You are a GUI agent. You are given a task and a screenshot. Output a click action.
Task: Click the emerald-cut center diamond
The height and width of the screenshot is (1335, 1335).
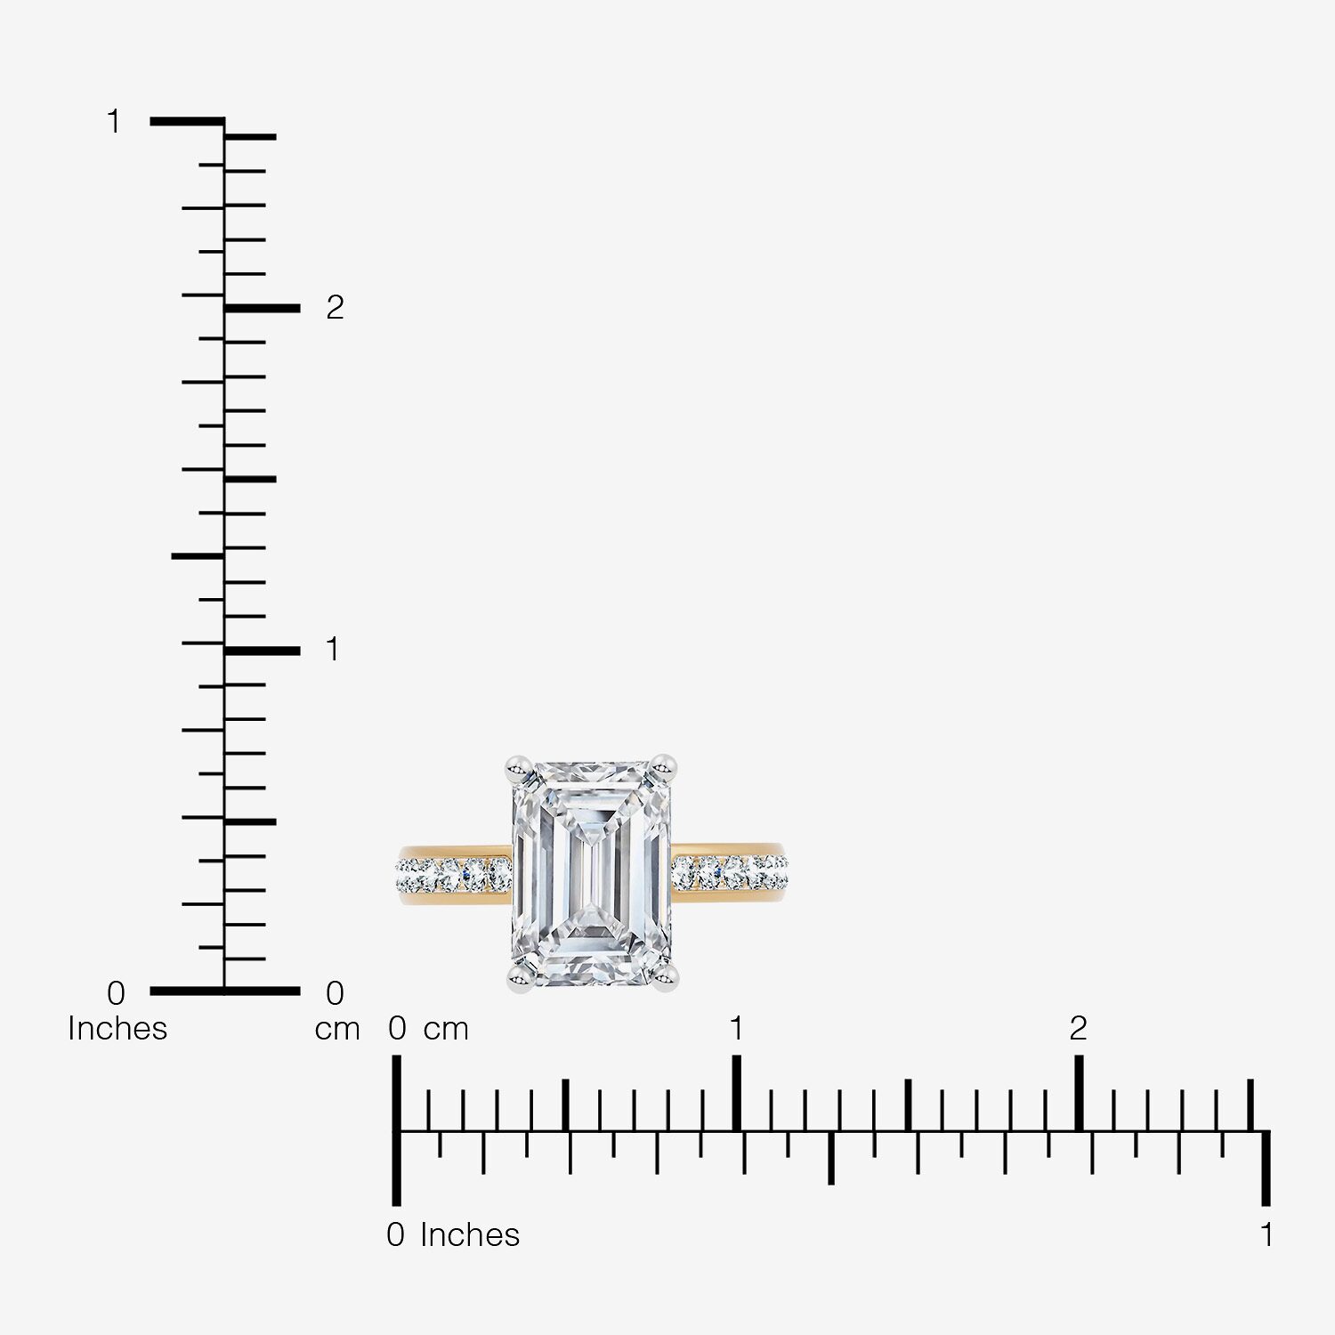[x=592, y=874]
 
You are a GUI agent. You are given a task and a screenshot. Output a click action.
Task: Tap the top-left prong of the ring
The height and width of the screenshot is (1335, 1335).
[x=519, y=766]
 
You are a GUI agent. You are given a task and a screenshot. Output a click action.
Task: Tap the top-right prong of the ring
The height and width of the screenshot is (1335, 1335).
[x=663, y=766]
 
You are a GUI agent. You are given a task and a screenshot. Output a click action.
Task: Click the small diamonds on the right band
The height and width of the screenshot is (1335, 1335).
[x=730, y=872]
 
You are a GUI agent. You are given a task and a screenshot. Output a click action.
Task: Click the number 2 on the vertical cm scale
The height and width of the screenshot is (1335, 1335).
[x=335, y=308]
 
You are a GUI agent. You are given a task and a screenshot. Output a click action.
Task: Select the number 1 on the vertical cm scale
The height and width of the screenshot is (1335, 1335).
[x=333, y=650]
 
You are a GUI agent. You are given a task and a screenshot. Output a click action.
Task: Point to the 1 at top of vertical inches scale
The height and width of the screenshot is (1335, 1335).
[x=113, y=122]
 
